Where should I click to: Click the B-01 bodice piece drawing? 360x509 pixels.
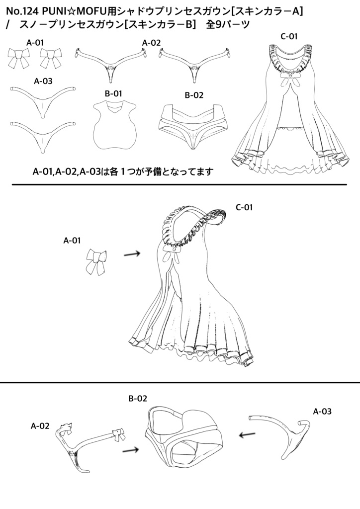[114, 125]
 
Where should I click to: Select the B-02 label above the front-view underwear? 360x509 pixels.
[193, 94]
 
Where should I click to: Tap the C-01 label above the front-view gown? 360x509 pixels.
[289, 36]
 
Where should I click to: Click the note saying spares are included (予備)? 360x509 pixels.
[123, 172]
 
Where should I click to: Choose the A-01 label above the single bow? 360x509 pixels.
[72, 240]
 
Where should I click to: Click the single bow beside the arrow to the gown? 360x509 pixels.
[95, 261]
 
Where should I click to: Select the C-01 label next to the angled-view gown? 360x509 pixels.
[244, 207]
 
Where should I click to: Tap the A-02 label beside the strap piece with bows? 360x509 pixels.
[40, 425]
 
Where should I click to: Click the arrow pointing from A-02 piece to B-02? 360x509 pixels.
[130, 450]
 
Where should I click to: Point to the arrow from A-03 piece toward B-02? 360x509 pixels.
[248, 435]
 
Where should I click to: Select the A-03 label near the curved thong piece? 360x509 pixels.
[322, 411]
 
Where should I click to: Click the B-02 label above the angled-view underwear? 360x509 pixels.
[138, 398]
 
